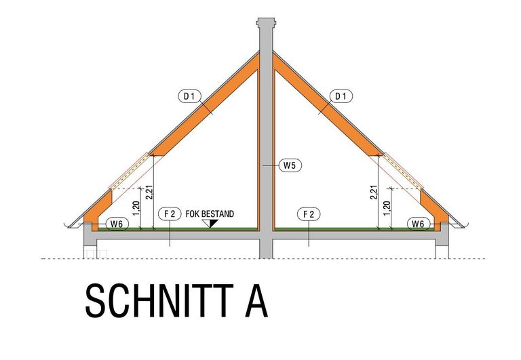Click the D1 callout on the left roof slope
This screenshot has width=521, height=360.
[x=189, y=96]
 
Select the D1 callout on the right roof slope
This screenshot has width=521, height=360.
[x=341, y=96]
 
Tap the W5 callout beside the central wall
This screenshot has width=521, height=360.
[x=290, y=165]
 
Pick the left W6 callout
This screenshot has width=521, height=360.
[x=117, y=224]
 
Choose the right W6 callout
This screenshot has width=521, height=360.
[x=419, y=224]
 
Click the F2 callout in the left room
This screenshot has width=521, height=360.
[x=170, y=214]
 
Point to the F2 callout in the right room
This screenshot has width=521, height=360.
[x=309, y=214]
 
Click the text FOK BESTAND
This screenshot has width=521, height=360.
[x=210, y=214]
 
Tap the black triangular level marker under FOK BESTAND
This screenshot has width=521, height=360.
[x=210, y=223]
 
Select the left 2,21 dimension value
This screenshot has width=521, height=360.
[x=149, y=193]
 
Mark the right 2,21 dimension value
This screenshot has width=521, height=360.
[x=374, y=193]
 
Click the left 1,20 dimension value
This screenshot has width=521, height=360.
[x=136, y=208]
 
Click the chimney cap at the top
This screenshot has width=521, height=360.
[x=266, y=22]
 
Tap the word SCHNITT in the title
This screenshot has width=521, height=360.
[x=159, y=300]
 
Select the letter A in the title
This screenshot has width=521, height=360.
[x=256, y=301]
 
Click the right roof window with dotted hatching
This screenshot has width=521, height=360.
[x=403, y=171]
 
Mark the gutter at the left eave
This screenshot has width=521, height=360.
[x=71, y=225]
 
